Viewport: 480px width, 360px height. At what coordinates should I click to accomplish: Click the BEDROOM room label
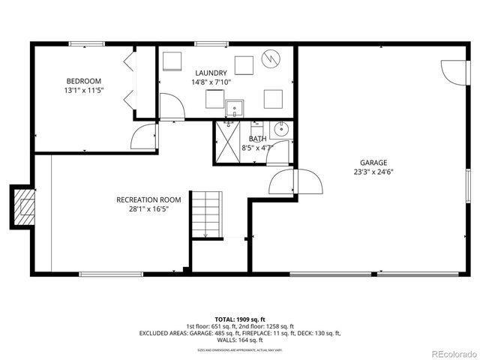83,81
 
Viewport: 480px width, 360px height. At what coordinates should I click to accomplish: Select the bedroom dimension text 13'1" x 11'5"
83,90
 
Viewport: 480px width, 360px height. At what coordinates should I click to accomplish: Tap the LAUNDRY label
211,73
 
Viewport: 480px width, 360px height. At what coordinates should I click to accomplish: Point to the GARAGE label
373,162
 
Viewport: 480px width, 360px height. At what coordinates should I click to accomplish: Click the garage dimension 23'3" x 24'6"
373,171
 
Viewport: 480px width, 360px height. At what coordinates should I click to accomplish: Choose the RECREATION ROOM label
148,199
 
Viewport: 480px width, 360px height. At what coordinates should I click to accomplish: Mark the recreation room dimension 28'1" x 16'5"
148,209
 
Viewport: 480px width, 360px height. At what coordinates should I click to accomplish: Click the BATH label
257,139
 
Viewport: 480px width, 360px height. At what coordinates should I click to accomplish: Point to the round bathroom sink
282,130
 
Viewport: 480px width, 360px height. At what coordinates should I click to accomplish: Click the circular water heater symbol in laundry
270,58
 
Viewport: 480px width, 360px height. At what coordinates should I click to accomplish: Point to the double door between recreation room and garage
296,181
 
